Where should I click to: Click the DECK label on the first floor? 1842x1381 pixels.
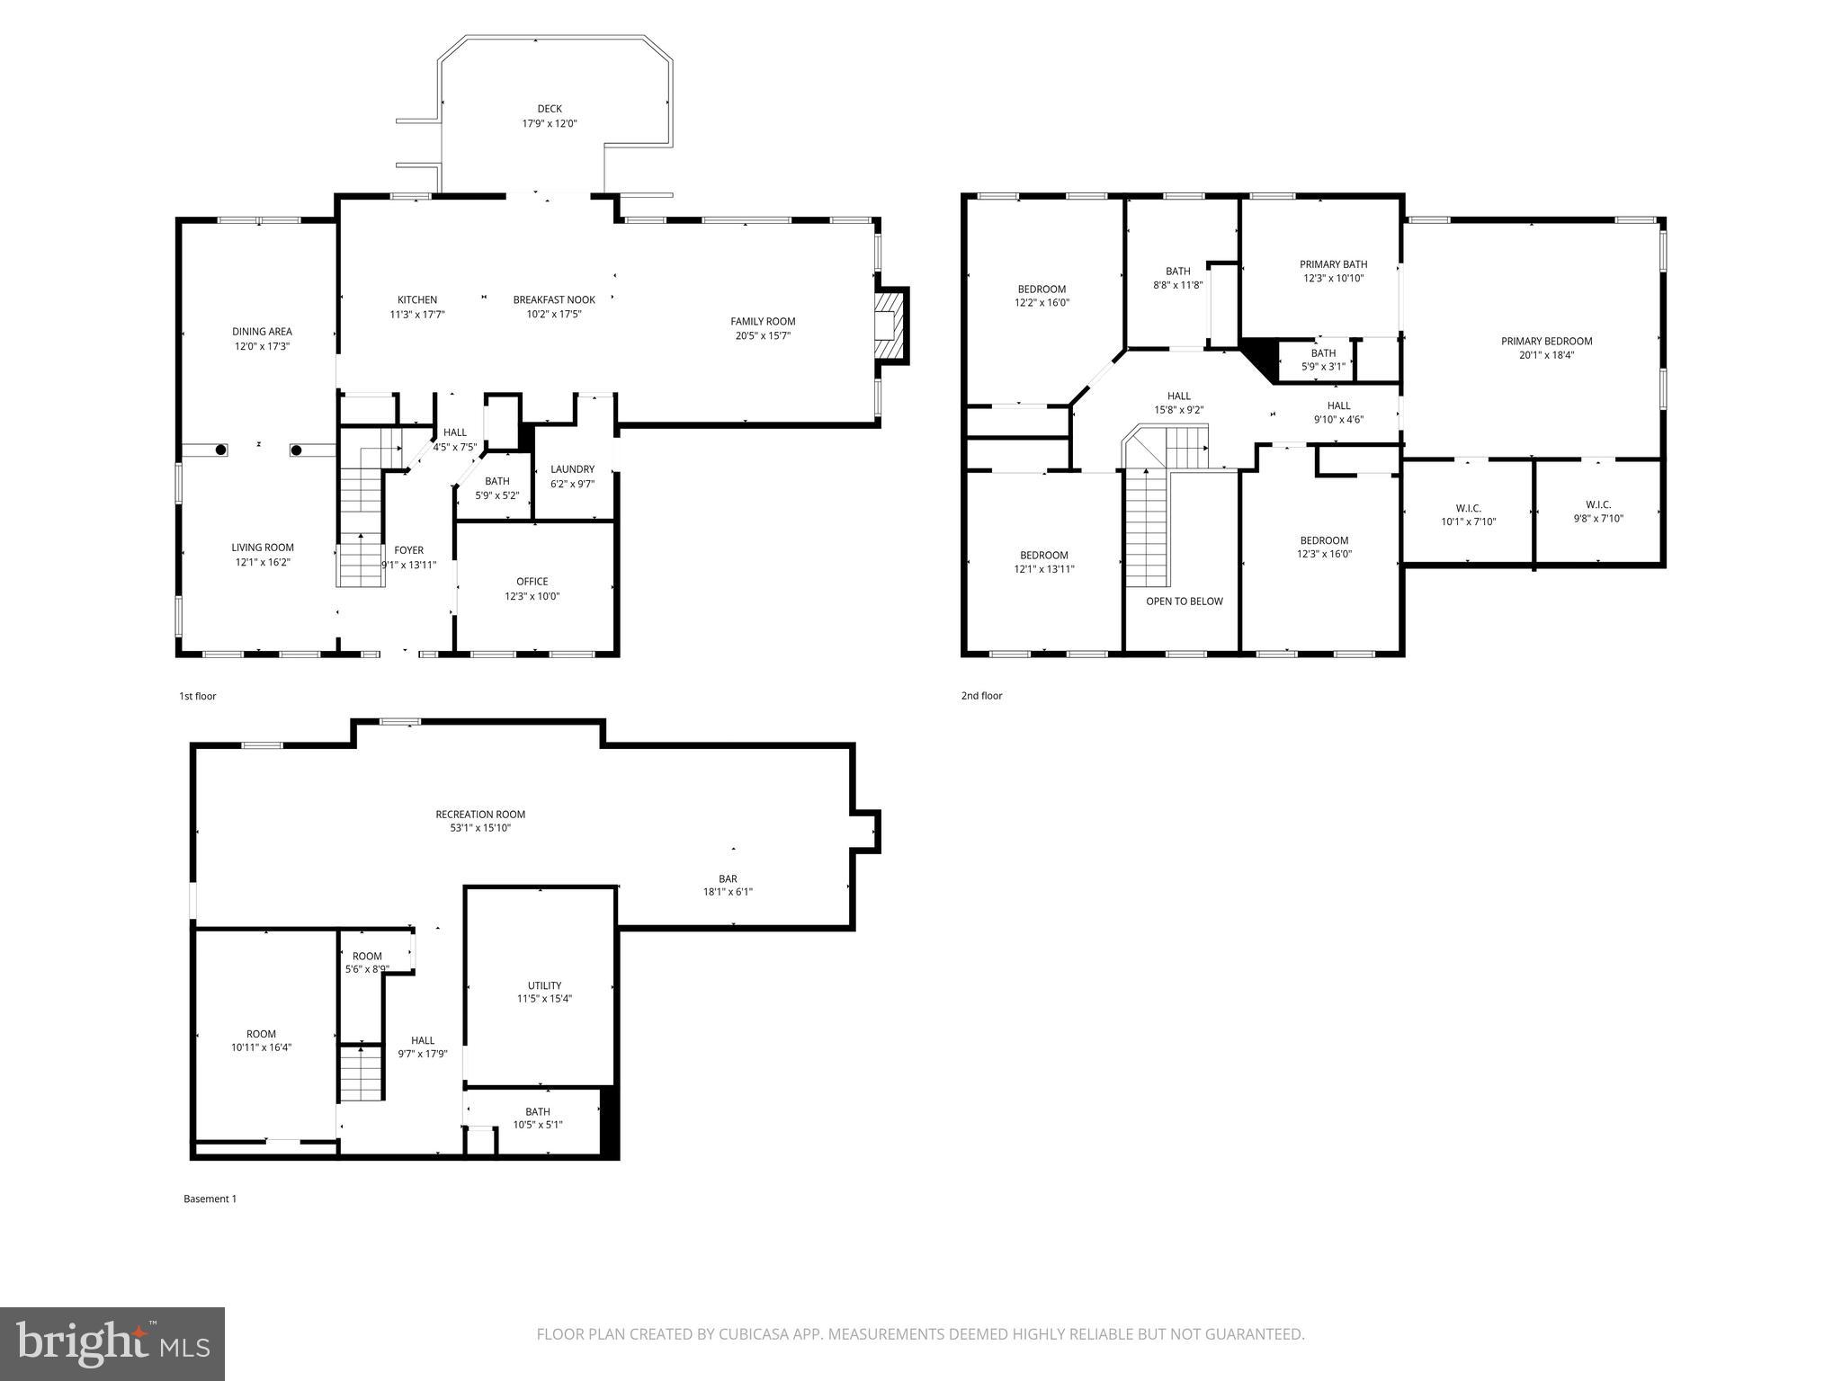click(550, 109)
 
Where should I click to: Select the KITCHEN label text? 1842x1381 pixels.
click(417, 300)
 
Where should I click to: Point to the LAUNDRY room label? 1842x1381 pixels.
click(572, 469)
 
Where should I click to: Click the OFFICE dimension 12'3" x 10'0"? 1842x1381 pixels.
click(532, 596)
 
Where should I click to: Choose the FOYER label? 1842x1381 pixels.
click(408, 550)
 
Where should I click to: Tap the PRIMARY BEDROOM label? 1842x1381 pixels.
click(1546, 341)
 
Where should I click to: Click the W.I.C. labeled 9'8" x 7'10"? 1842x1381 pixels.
click(1597, 512)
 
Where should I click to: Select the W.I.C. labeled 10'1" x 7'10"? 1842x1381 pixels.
click(1468, 515)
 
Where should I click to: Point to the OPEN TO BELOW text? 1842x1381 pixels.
click(1184, 601)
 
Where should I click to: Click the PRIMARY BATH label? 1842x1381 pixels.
click(1333, 264)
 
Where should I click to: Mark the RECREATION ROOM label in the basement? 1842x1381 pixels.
click(480, 815)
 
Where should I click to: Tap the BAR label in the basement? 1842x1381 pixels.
click(728, 878)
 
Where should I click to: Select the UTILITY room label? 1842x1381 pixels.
click(544, 985)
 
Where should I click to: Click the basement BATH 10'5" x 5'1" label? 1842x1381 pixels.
click(538, 1118)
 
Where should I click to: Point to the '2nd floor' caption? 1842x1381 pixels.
click(981, 696)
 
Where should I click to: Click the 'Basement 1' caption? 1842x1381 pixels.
click(210, 1198)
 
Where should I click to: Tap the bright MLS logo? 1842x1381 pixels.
click(112, 1343)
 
